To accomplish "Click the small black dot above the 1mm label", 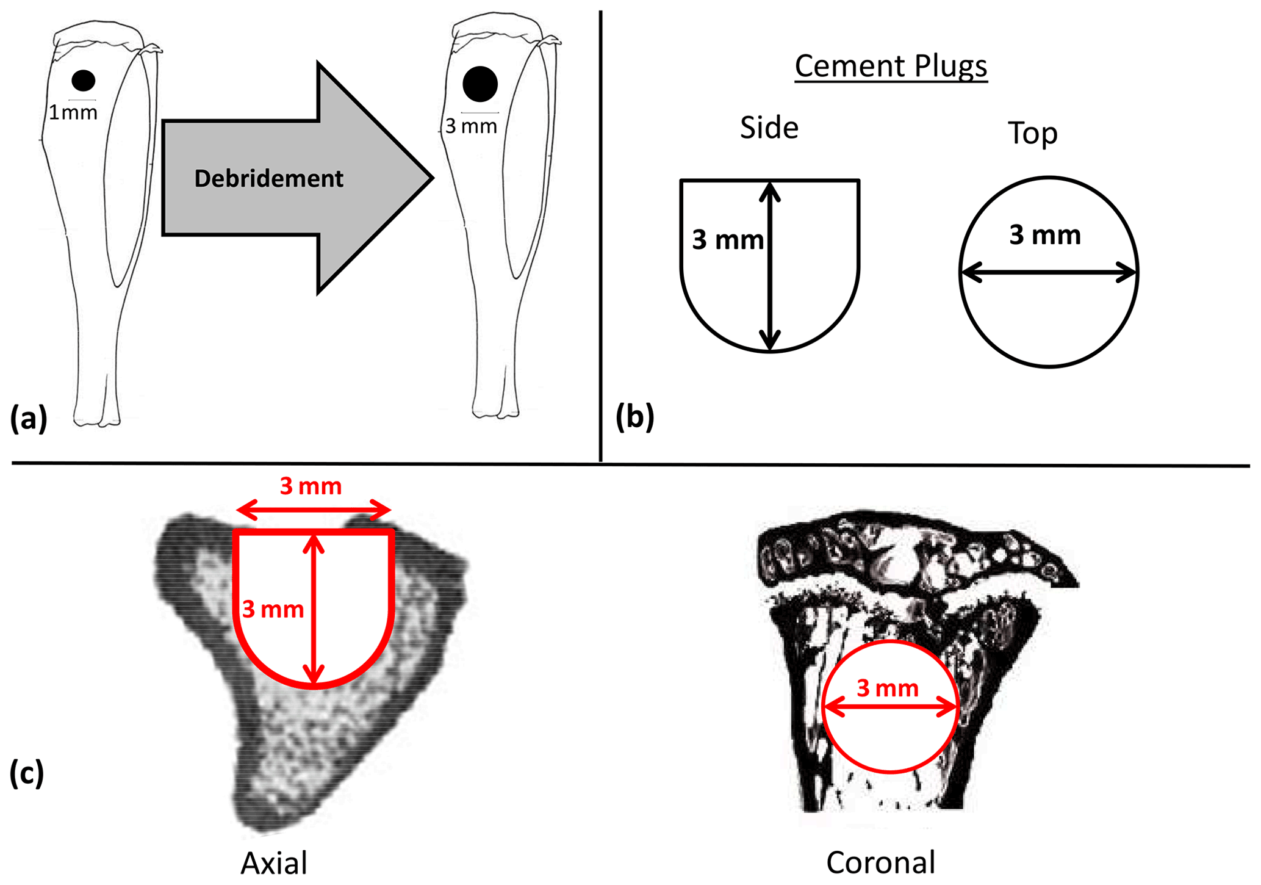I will click(x=84, y=81).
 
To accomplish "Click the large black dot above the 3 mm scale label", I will click(x=480, y=84).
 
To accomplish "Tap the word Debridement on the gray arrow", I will click(x=268, y=178).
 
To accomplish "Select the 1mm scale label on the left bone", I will click(x=73, y=112).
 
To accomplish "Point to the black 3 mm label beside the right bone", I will click(x=471, y=126).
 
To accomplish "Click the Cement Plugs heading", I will click(x=891, y=66).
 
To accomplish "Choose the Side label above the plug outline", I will click(x=769, y=128).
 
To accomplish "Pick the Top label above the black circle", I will click(x=1032, y=132).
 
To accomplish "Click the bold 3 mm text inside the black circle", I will click(x=1044, y=235).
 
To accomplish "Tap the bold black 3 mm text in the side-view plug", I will click(x=727, y=240).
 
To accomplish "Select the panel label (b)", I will click(x=634, y=417).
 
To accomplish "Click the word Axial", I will click(x=274, y=863).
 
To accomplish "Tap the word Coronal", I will click(x=880, y=862).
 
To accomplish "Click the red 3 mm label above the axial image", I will click(x=311, y=486).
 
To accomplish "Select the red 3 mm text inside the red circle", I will click(x=888, y=688).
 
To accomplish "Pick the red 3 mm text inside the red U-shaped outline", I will click(x=273, y=609).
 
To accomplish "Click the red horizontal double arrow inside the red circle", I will click(x=890, y=708).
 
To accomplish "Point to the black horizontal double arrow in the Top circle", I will click(x=1049, y=272).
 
